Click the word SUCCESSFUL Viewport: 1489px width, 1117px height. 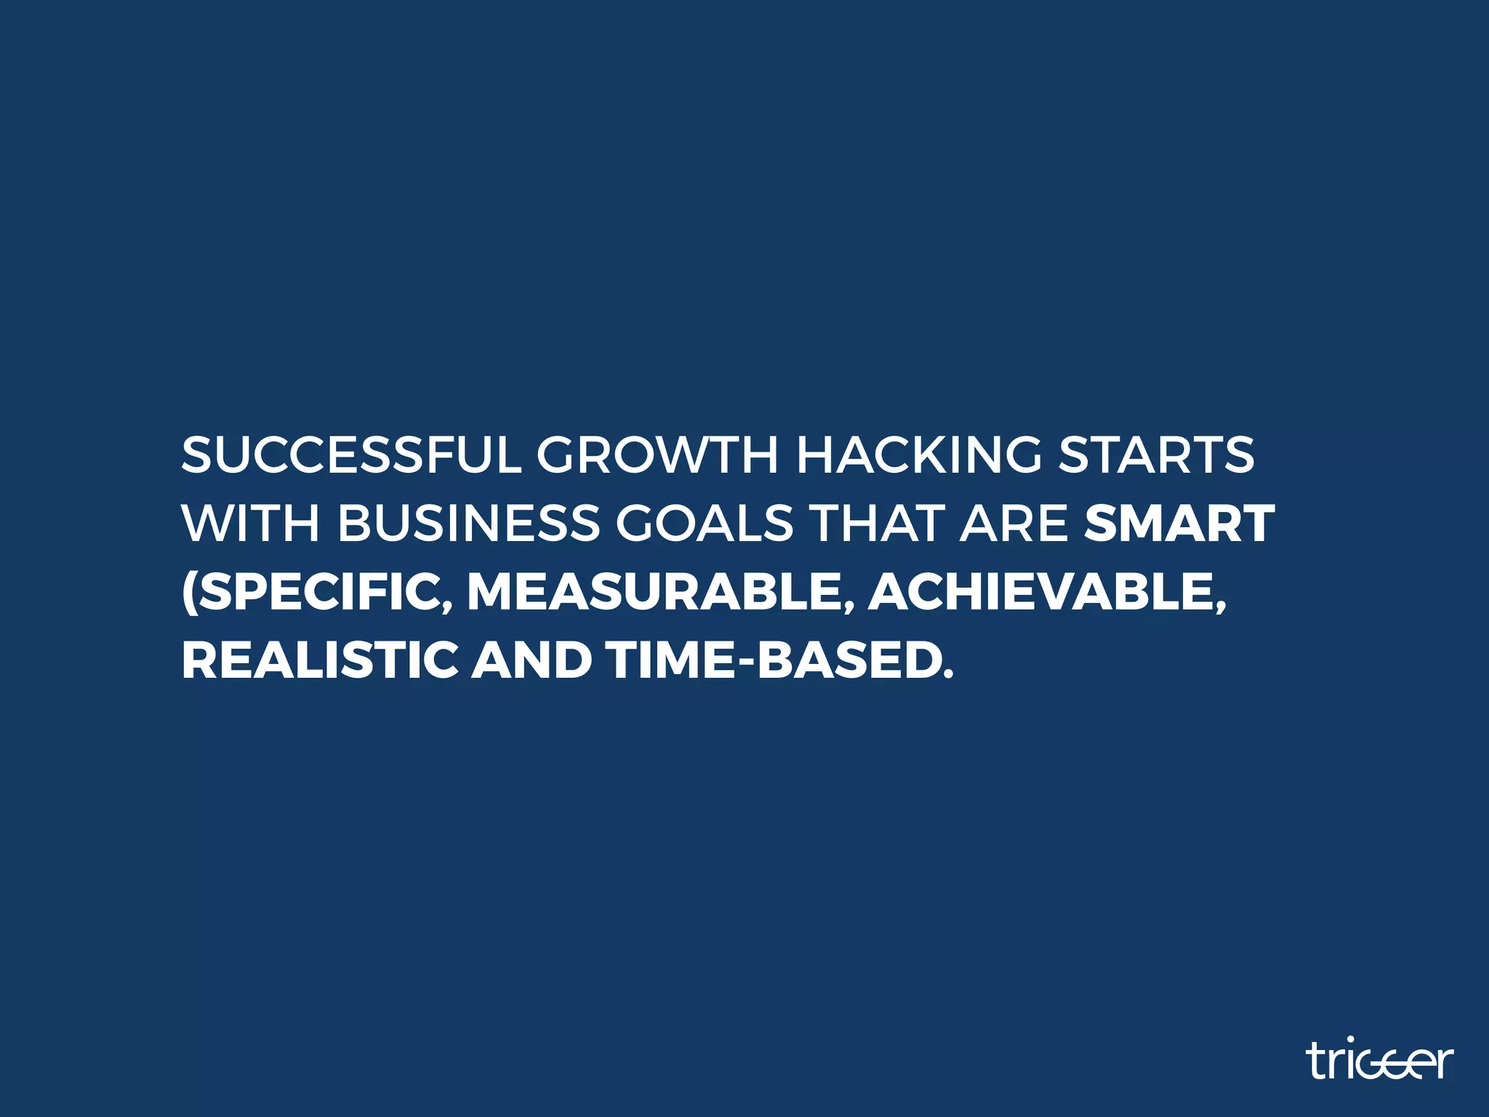[351, 455]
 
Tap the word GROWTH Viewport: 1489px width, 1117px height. [657, 455]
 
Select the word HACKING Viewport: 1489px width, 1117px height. [919, 455]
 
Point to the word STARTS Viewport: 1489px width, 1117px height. [1156, 455]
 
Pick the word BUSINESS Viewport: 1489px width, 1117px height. [469, 524]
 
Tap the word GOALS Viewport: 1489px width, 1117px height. [705, 524]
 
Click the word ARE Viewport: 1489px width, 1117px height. [1014, 524]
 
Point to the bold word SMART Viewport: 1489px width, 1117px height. [1179, 524]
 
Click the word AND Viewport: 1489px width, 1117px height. [531, 660]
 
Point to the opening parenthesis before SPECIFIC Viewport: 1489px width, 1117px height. [188, 593]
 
